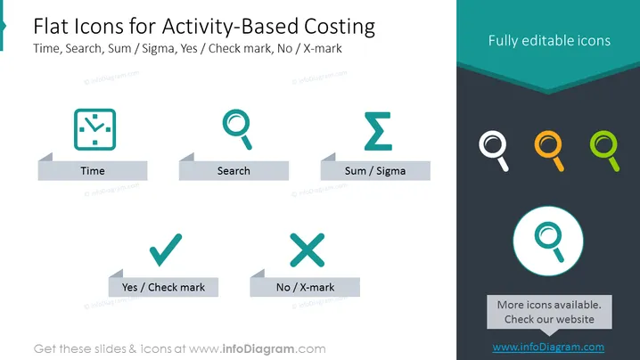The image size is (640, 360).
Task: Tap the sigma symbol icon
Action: click(378, 131)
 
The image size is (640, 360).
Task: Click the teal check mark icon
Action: click(165, 250)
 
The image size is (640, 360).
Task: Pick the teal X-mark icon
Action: click(307, 250)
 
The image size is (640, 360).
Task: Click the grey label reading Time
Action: click(93, 170)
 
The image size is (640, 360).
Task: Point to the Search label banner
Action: click(234, 170)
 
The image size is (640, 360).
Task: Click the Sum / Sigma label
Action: click(375, 170)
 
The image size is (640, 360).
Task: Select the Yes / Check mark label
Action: click(163, 287)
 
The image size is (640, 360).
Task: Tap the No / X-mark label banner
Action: click(305, 287)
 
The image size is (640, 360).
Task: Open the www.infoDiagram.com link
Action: click(548, 348)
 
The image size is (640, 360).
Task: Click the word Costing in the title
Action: click(340, 27)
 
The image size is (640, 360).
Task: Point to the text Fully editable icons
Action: click(549, 40)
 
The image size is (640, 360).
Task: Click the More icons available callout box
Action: click(549, 312)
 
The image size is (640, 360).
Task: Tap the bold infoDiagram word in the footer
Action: click(258, 349)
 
